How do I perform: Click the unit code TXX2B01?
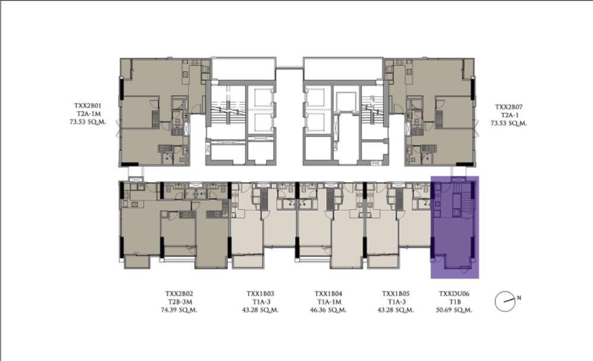(x=88, y=106)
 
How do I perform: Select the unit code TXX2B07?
(x=509, y=107)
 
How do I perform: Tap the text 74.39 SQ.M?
(x=179, y=310)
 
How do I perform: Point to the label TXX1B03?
(x=260, y=294)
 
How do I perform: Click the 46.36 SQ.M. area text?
(x=328, y=310)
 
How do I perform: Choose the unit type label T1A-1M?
(x=328, y=302)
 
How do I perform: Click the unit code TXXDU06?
(x=454, y=294)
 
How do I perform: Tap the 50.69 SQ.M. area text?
(x=454, y=310)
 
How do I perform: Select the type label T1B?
(x=455, y=302)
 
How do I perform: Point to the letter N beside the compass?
(x=519, y=298)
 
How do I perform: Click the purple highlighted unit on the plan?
(x=455, y=227)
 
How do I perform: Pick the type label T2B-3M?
(x=179, y=302)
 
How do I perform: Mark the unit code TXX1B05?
(x=395, y=294)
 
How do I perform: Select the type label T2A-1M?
(x=88, y=114)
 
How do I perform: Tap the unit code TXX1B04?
(x=328, y=294)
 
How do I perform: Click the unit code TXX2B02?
(x=179, y=294)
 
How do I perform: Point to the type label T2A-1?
(x=510, y=115)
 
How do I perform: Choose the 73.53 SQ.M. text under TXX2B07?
(x=509, y=123)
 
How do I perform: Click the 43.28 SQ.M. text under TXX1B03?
(x=260, y=310)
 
